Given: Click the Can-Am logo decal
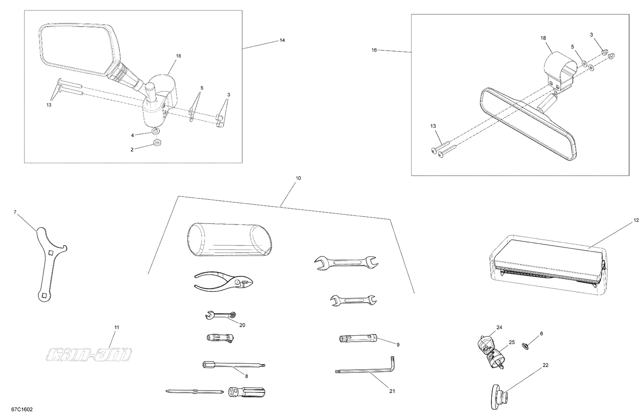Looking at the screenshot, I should coord(89,354).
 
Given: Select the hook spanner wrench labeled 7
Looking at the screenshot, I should coord(48,264).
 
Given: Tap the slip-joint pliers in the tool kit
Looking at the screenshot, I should coord(223,282).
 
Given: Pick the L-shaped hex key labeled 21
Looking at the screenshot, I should coord(366,371).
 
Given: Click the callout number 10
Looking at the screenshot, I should coord(298,178).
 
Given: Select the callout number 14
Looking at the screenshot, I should coord(282,40).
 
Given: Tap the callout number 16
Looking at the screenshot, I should coord(374,50).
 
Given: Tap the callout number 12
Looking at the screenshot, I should coord(636,220).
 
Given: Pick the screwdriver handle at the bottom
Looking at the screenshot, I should coord(247,391).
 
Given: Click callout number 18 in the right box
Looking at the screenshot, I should coord(543,38).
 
